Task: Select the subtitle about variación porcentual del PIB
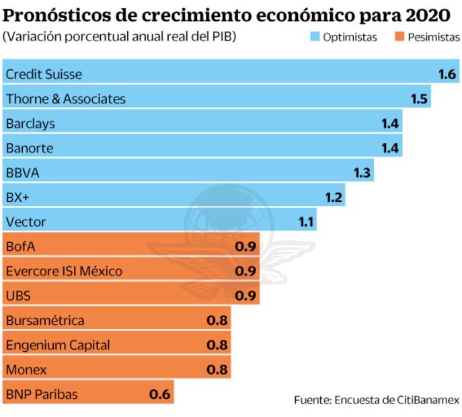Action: tap(120, 36)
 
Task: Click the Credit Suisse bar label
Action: tap(44, 74)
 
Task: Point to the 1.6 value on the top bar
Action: tap(447, 74)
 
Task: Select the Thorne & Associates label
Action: tap(65, 99)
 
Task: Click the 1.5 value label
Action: tap(419, 99)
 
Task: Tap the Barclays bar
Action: tap(202, 124)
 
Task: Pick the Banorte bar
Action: tap(202, 148)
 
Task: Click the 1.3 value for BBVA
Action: tap(362, 173)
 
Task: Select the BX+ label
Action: tap(17, 198)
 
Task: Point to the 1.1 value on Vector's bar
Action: tap(306, 222)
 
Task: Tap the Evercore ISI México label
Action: tap(64, 271)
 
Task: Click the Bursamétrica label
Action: tap(45, 320)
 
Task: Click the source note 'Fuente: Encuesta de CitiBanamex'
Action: tap(377, 400)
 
